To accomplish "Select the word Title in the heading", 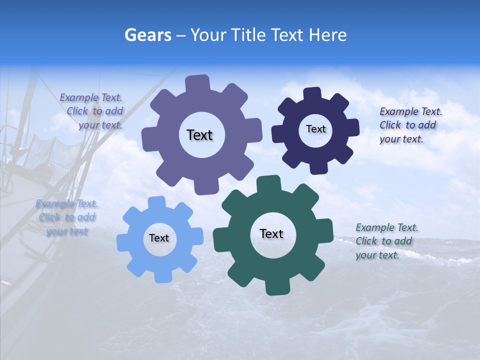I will click(248, 35).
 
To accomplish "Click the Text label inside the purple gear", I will click(199, 135).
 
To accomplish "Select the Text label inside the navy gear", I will click(315, 129).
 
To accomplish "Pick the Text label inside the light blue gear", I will click(159, 238).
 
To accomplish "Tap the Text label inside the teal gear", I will click(271, 233).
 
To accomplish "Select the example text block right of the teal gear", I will click(386, 241).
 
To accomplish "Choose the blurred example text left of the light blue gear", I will click(67, 217).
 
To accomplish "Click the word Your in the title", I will click(206, 35).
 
